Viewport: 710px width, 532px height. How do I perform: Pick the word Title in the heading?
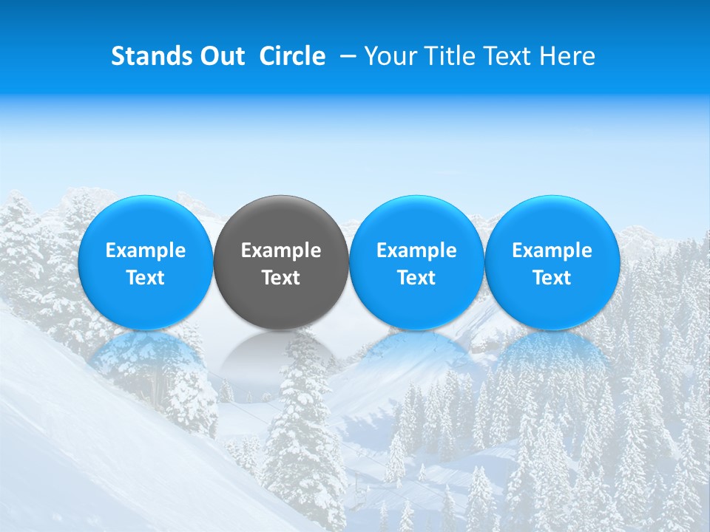(453, 56)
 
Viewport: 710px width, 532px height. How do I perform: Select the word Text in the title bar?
(510, 56)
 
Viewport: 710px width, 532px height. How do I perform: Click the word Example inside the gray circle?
(281, 250)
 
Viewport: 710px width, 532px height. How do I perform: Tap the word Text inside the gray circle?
(281, 278)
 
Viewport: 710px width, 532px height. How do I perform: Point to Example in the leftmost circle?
(146, 250)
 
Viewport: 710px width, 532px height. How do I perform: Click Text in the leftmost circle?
(146, 278)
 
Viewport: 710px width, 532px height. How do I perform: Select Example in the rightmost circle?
(552, 250)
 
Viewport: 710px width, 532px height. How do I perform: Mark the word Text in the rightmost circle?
(552, 278)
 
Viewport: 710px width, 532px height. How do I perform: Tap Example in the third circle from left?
(416, 250)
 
